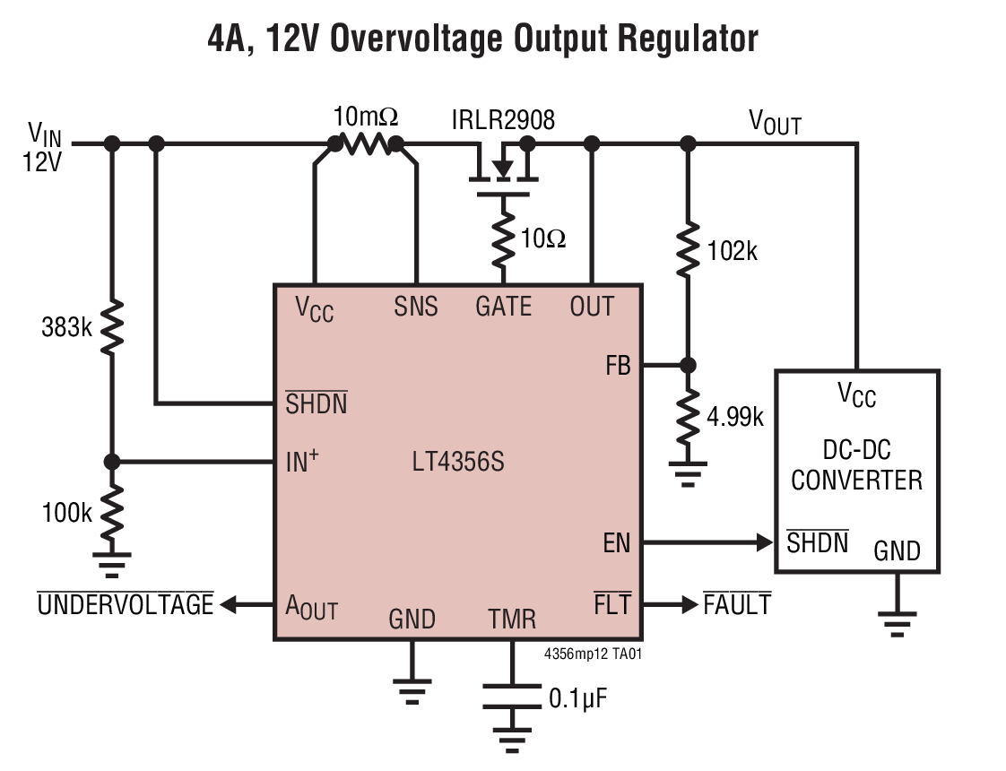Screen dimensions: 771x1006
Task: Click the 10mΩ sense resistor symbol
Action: (x=366, y=144)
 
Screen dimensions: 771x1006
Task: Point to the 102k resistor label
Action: (x=732, y=252)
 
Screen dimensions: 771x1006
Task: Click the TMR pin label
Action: (x=512, y=619)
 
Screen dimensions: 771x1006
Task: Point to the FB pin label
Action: (x=618, y=366)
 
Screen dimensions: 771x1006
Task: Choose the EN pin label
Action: (x=617, y=543)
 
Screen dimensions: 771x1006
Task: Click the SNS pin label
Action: (x=416, y=308)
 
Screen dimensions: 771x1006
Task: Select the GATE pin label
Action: (x=503, y=308)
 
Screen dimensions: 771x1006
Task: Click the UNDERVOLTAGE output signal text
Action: (x=125, y=605)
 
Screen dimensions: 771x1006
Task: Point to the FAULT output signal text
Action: (x=736, y=605)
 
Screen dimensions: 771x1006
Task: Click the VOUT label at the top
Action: (x=775, y=123)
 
